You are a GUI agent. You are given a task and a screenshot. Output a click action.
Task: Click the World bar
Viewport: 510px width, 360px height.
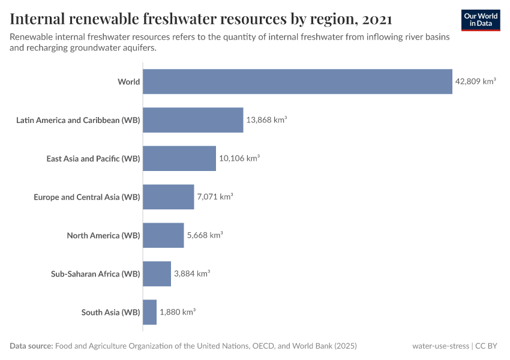tap(297, 82)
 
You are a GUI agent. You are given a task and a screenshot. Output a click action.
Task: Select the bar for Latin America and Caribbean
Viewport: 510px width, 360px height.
tap(193, 120)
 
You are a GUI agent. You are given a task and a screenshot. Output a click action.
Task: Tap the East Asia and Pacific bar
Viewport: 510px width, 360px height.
tap(179, 158)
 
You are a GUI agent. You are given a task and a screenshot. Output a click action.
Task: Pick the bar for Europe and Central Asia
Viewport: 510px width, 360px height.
tap(168, 197)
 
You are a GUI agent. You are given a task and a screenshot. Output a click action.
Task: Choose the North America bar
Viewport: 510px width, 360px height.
tap(163, 235)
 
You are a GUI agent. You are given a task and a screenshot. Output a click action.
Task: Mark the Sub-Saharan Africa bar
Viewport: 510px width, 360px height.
tap(157, 274)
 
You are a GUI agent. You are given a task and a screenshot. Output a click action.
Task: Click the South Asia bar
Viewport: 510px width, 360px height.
tap(149, 312)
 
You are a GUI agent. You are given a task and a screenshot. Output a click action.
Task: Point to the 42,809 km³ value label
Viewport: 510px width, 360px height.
tap(475, 82)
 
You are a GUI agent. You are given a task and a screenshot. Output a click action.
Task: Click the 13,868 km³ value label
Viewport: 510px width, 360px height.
tap(266, 120)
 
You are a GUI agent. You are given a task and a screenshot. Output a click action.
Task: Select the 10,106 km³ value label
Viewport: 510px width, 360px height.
tap(239, 158)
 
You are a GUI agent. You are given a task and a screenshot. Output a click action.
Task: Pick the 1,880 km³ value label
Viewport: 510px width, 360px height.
tap(178, 312)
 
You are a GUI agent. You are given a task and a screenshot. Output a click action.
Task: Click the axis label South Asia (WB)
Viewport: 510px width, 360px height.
tap(110, 312)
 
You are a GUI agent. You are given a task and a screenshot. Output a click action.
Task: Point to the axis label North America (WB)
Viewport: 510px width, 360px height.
tap(103, 235)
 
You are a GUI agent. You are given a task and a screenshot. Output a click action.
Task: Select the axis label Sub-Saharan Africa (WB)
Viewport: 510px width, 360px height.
tap(95, 274)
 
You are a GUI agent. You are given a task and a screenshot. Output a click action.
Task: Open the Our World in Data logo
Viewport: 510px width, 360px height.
tap(481, 20)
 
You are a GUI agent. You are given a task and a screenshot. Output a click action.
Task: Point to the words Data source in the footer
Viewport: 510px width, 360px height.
tap(31, 346)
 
